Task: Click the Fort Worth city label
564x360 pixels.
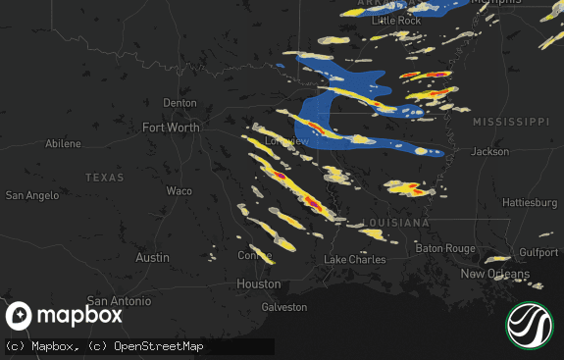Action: pyautogui.click(x=171, y=128)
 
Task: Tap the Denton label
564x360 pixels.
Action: pyautogui.click(x=179, y=103)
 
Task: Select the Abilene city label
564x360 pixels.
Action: pyautogui.click(x=64, y=144)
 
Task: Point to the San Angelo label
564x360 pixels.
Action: pyautogui.click(x=32, y=195)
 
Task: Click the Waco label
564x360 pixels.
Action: pyautogui.click(x=179, y=191)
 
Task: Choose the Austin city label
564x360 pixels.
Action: pyautogui.click(x=152, y=257)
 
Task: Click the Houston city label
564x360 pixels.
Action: pyautogui.click(x=259, y=283)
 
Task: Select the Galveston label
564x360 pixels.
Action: pyautogui.click(x=283, y=307)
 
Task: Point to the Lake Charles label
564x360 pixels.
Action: pyautogui.click(x=355, y=260)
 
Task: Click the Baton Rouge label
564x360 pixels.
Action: pyautogui.click(x=445, y=248)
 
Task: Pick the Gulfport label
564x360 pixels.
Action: pyautogui.click(x=538, y=252)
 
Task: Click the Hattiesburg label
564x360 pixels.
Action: pyautogui.click(x=530, y=202)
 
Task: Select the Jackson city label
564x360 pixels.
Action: pyautogui.click(x=489, y=152)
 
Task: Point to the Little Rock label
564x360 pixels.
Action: pyautogui.click(x=396, y=21)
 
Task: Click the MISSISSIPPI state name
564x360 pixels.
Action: pyautogui.click(x=510, y=121)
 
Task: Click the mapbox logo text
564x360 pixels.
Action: pyautogui.click(x=79, y=316)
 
